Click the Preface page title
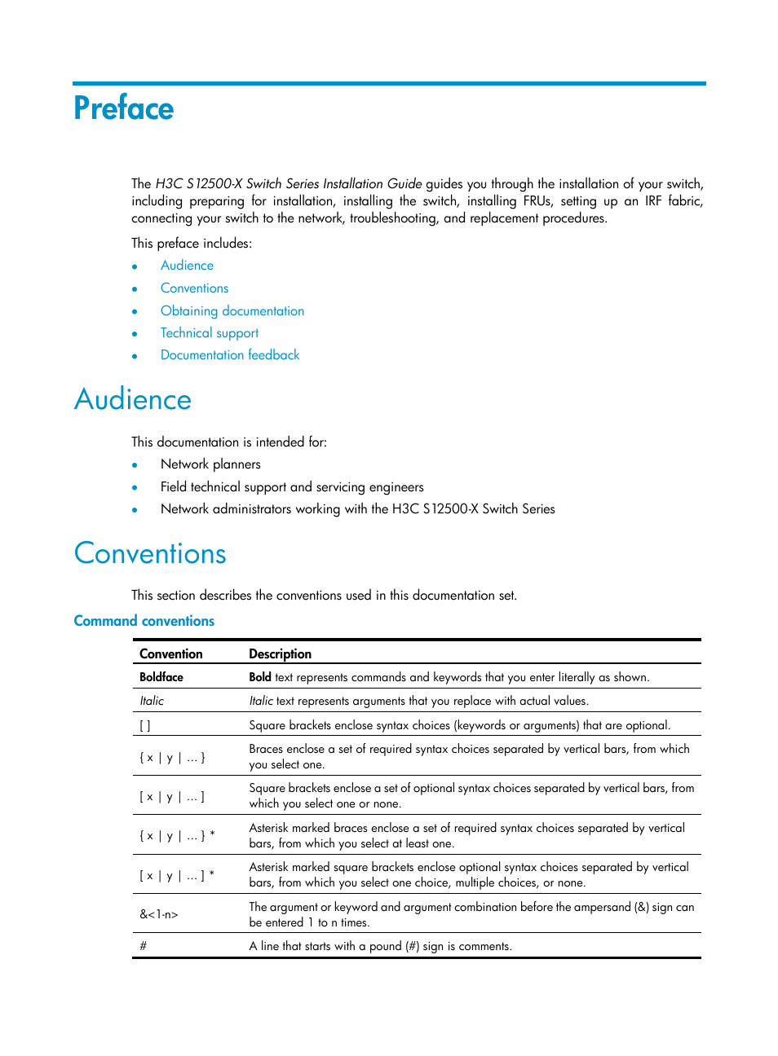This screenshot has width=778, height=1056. (x=124, y=108)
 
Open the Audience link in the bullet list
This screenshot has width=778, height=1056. (x=187, y=266)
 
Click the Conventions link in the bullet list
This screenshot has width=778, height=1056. (x=194, y=288)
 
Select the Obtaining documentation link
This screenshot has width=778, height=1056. (x=232, y=311)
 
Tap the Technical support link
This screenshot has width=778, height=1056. (x=209, y=333)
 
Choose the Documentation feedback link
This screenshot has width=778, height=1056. (x=230, y=355)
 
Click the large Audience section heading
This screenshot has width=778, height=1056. (x=133, y=400)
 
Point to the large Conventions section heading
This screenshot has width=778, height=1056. (x=150, y=554)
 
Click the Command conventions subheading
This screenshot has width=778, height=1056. (x=144, y=621)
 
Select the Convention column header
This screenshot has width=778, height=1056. (x=170, y=653)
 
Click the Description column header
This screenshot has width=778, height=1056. (x=280, y=653)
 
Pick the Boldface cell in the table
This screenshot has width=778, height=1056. (x=161, y=677)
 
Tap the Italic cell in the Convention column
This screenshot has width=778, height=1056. (x=152, y=701)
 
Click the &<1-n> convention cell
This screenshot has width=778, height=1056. (x=158, y=914)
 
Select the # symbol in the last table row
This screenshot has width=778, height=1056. (x=144, y=946)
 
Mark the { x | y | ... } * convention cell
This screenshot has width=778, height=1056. (x=177, y=836)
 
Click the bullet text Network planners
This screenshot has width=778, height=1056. (x=210, y=464)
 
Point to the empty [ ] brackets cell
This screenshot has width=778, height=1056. (x=145, y=725)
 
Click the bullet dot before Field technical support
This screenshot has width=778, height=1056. (x=135, y=488)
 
